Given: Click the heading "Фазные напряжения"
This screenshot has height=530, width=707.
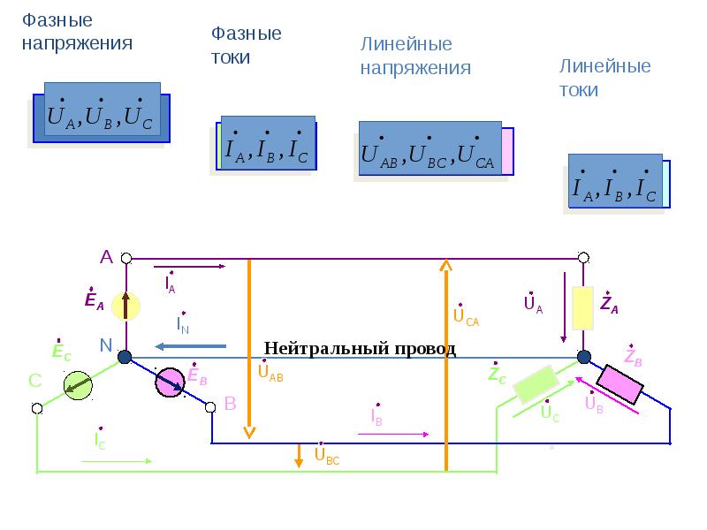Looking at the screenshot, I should click(x=77, y=31).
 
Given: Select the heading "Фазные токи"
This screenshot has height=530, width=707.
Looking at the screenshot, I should click(x=246, y=45).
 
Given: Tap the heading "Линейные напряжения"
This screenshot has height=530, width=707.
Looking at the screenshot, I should click(x=414, y=56).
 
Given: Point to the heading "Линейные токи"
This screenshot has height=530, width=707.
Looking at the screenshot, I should click(x=605, y=78).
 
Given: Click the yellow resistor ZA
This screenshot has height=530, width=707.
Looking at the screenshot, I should click(x=583, y=307).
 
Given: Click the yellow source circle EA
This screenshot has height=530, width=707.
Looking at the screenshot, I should click(x=125, y=307).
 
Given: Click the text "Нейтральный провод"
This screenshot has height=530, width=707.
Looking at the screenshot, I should click(x=360, y=348).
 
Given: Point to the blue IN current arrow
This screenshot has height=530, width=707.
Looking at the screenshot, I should click(x=190, y=347).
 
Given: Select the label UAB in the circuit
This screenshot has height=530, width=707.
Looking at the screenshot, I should click(x=270, y=372).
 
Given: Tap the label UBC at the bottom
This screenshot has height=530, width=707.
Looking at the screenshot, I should click(x=325, y=457).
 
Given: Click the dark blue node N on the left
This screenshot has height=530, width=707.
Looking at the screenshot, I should click(x=125, y=357).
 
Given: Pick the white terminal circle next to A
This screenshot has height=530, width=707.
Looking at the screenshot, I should click(x=125, y=258).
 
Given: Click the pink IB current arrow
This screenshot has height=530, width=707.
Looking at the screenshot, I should click(x=393, y=434).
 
